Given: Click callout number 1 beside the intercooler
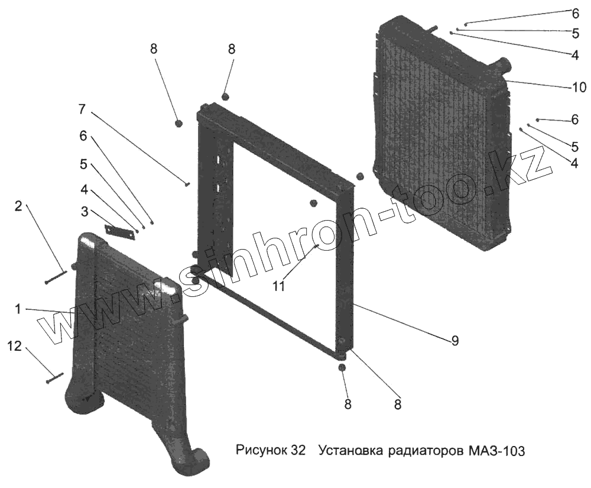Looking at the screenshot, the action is pyautogui.click(x=18, y=309).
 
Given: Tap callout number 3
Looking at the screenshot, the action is pyautogui.click(x=85, y=211).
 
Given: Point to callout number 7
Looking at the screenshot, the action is pyautogui.click(x=82, y=109).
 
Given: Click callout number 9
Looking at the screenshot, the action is pyautogui.click(x=454, y=340).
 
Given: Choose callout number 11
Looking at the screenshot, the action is pyautogui.click(x=279, y=286).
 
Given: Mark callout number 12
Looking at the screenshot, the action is pyautogui.click(x=14, y=347).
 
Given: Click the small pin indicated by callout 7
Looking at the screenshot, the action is pyautogui.click(x=187, y=185).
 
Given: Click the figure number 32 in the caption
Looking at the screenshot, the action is pyautogui.click(x=298, y=451).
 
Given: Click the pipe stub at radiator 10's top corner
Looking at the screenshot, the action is pyautogui.click(x=502, y=62).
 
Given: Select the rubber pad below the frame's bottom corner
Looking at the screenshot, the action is pyautogui.click(x=342, y=369).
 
